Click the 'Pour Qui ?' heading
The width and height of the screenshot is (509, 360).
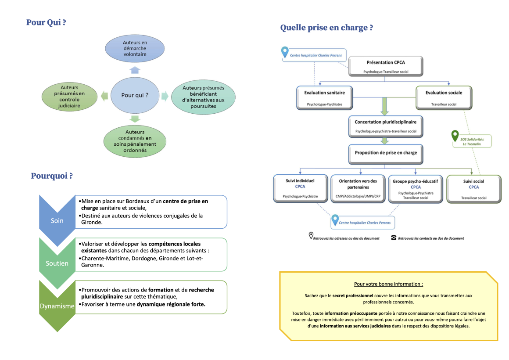click(46, 22)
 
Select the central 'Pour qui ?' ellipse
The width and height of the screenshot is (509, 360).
click(135, 95)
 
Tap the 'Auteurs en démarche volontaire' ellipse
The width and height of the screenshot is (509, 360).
click(135, 48)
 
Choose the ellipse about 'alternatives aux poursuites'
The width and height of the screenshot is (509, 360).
click(203, 97)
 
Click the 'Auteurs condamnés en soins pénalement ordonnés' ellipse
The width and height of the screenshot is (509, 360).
click(135, 141)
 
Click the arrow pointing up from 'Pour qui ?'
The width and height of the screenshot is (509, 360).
click(135, 70)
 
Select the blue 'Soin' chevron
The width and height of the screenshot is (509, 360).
click(57, 220)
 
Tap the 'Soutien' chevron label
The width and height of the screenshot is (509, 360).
click(57, 263)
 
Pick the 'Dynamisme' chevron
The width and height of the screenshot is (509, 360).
click(57, 306)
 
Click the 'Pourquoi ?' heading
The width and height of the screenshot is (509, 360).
click(52, 176)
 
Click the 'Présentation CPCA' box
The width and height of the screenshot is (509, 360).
click(386, 66)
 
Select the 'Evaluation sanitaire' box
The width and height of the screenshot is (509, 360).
click(324, 97)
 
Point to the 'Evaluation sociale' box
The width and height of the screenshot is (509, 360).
click(443, 97)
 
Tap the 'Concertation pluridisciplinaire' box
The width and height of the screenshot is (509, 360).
click(386, 126)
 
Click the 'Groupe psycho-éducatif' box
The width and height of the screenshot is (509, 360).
click(416, 189)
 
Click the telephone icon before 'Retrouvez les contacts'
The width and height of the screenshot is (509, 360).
click(394, 238)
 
